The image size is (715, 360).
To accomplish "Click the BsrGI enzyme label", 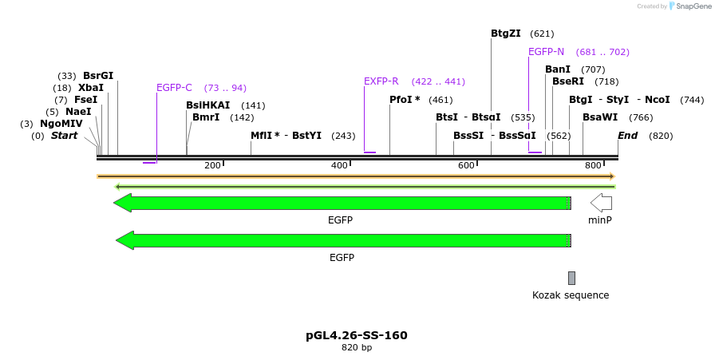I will tap(98, 76).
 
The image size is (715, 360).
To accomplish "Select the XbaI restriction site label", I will tap(91, 88).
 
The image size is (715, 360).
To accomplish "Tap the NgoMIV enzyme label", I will tap(61, 124).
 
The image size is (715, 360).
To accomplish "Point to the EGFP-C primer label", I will tap(174, 88).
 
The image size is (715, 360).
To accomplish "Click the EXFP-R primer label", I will tap(381, 81).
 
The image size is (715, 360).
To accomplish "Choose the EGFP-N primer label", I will tap(546, 52).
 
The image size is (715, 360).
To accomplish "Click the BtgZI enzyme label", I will tap(505, 34).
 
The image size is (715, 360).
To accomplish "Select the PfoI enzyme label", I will tap(405, 100).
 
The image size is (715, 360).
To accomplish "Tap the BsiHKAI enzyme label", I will tap(207, 105).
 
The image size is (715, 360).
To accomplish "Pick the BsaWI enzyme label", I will tap(600, 117).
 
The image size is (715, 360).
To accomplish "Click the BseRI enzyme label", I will tap(568, 81).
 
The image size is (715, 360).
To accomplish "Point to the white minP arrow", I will tap(601, 203).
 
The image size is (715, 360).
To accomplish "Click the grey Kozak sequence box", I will tap(571, 278).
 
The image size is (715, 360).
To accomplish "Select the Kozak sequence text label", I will tap(571, 295).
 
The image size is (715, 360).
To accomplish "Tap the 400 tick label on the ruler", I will tap(339, 165).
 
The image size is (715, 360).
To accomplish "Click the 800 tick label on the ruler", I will tap(593, 165).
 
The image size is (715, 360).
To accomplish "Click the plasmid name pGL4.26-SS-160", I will tap(357, 335).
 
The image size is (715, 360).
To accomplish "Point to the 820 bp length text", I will tap(357, 348).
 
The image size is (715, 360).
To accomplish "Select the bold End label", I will tap(627, 136).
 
